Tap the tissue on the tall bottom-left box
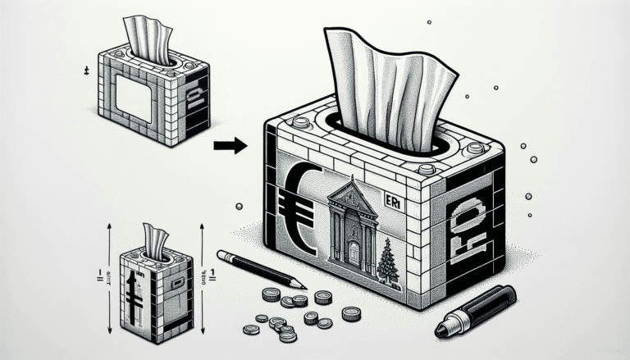[155, 239]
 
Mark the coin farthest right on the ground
[352, 313]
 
